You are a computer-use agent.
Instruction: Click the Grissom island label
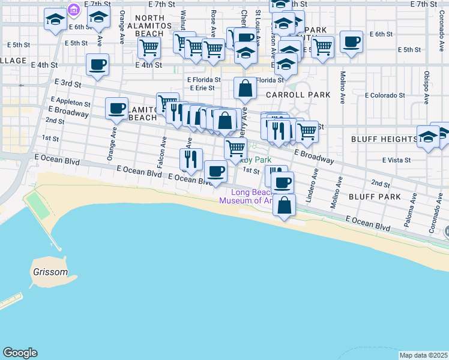(x=50, y=272)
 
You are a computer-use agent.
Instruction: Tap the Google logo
(x=20, y=353)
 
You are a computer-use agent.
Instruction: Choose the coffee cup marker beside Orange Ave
(x=116, y=109)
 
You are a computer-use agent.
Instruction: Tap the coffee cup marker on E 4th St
(x=97, y=65)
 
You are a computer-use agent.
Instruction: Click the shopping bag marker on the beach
(x=285, y=205)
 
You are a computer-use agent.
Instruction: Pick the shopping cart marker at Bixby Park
(x=235, y=148)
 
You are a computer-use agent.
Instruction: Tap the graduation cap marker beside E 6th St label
(x=55, y=19)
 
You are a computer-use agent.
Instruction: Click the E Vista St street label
(x=397, y=160)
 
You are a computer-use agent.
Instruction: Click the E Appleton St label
(x=71, y=103)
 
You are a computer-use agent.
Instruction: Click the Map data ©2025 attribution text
(x=423, y=355)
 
